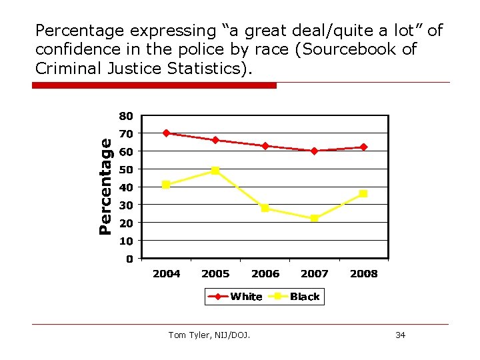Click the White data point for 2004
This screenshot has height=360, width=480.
pos(166,133)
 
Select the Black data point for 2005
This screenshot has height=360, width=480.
pos(215,170)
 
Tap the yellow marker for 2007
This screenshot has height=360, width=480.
pos(314,218)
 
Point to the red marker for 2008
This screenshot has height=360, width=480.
pos(363,147)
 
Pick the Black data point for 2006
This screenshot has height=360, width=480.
pos(265,208)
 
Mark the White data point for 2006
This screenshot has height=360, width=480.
pos(265,145)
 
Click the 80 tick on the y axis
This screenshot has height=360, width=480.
pos(126,116)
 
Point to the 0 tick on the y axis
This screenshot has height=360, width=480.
pos(129,258)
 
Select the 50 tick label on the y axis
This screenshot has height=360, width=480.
pos(126,169)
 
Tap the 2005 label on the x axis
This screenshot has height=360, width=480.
pos(215,273)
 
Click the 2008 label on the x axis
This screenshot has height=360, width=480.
pos(363,273)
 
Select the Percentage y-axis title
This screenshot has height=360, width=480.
pos(105,186)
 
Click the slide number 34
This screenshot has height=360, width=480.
pos(400,335)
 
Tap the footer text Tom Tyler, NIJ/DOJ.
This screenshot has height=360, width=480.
pos(210,335)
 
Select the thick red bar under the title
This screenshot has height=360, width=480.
pos(154,85)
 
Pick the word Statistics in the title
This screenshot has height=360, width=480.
pos(206,68)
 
